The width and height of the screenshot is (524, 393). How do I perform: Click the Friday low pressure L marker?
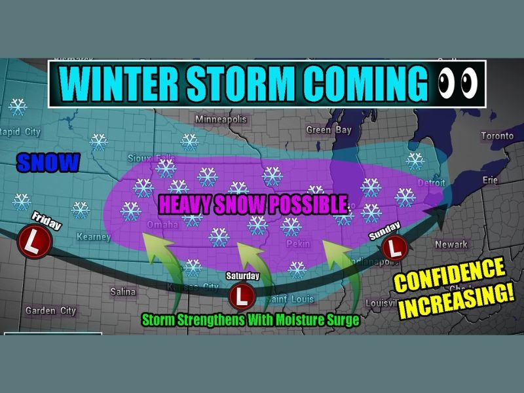31,241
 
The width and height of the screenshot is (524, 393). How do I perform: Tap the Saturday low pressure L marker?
242,295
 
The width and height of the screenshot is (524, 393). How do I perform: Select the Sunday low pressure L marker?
395,248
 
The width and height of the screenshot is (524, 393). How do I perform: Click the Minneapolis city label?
221,120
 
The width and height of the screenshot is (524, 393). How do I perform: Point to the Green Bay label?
329,130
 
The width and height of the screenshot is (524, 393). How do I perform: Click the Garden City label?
50,310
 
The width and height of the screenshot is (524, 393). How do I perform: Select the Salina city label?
122,291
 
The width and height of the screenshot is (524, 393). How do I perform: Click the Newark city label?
452,244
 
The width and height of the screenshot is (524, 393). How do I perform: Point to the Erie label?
489,179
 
